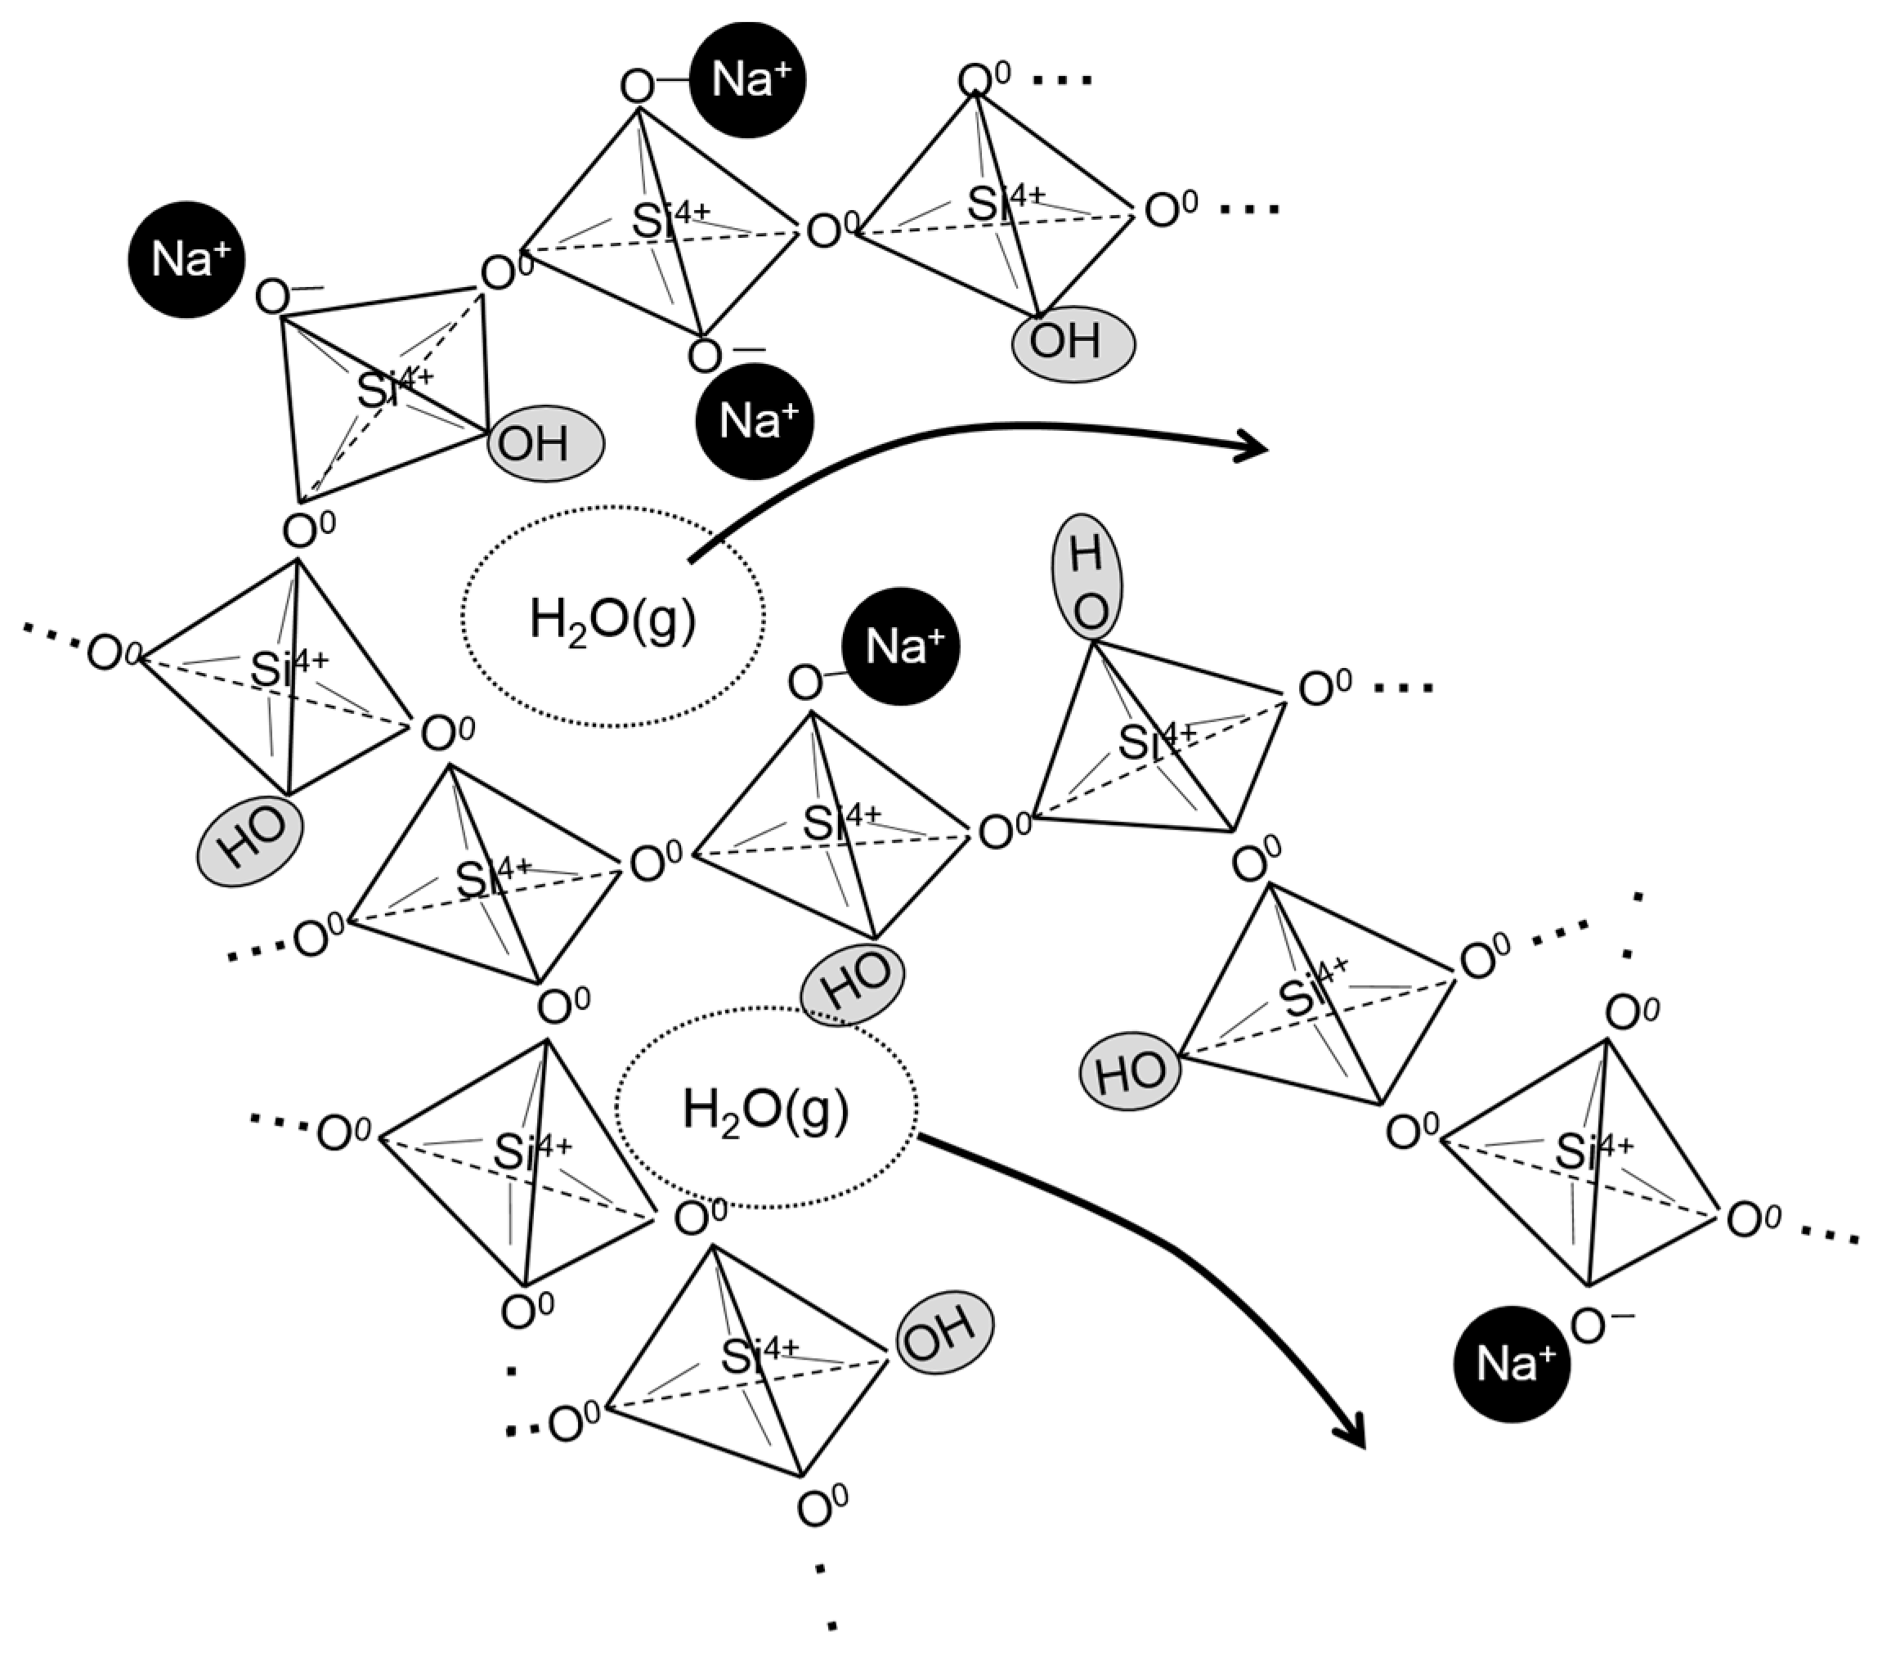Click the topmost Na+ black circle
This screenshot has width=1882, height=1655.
746,80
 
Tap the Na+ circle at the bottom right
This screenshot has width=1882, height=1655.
1511,1363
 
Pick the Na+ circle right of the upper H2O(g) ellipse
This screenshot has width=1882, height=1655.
900,647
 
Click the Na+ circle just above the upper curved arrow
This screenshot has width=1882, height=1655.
754,421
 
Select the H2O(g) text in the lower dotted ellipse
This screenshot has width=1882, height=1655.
765,1109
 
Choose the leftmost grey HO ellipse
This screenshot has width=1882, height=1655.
249,841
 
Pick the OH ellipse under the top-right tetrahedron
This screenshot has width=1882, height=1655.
1073,343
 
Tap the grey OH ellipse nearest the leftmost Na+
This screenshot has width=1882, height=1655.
545,443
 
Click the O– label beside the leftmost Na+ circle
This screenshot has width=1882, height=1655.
280,298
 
